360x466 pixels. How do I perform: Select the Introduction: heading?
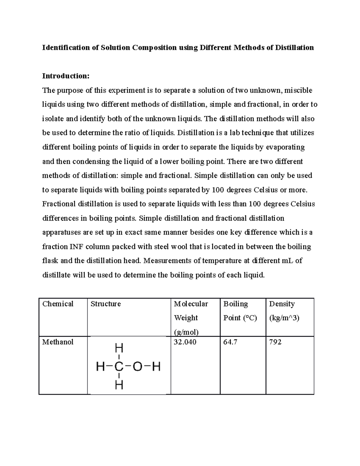[66, 76]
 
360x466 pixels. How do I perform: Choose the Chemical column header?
[58, 304]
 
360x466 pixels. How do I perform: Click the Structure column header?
[106, 304]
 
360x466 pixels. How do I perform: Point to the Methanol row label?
[58, 342]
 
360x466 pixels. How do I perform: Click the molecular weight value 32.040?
[185, 342]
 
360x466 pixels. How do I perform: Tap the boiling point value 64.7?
[230, 342]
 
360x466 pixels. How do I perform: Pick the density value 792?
[275, 342]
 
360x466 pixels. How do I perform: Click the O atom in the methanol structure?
[137, 367]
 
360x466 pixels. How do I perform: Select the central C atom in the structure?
[119, 367]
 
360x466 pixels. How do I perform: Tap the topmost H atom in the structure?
[119, 348]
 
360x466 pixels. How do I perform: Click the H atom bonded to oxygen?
[156, 367]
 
